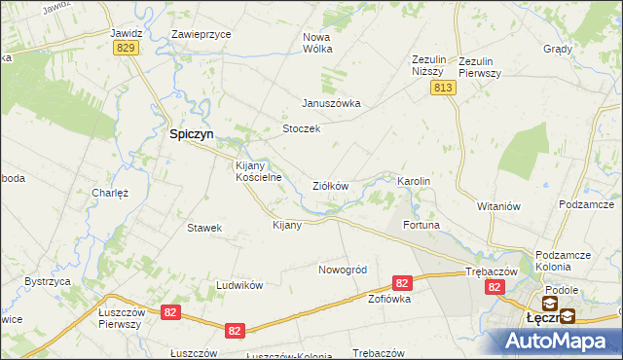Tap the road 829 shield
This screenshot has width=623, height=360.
tap(124, 49)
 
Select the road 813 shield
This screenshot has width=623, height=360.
tap(444, 88)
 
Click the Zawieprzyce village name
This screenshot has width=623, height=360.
tap(202, 33)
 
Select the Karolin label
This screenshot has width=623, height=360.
tap(414, 182)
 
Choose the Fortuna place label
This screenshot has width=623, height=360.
tap(422, 226)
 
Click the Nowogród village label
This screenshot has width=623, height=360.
tap(342, 270)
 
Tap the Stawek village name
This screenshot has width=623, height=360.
tap(204, 228)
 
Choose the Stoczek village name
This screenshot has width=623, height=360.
tap(301, 129)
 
